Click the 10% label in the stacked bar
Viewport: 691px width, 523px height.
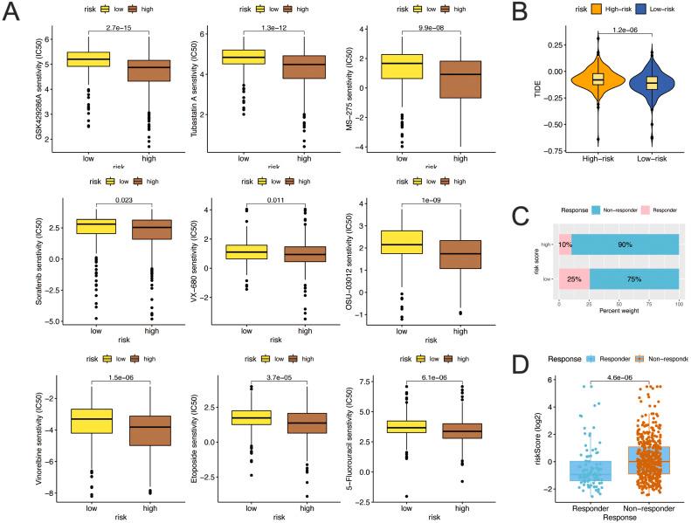pyautogui.click(x=564, y=246)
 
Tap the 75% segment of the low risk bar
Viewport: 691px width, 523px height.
pyautogui.click(x=633, y=279)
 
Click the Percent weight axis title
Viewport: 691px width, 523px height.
pyautogui.click(x=618, y=311)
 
